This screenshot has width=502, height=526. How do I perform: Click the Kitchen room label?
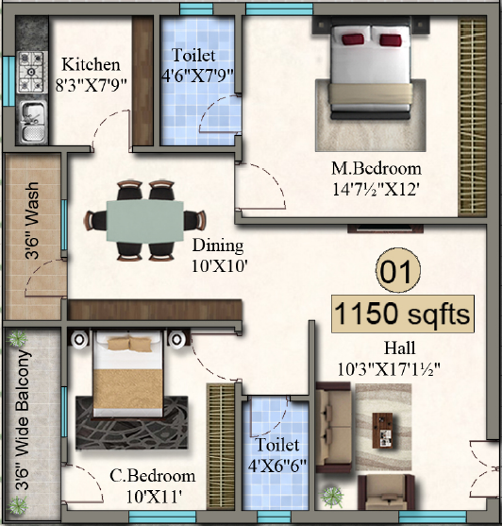[91, 65]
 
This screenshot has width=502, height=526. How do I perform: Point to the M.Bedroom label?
[376, 169]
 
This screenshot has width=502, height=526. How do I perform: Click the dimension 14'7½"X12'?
[376, 188]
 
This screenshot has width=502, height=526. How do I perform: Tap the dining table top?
[144, 220]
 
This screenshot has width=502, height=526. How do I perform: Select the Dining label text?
[218, 246]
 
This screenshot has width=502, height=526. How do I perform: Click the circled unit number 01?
[395, 273]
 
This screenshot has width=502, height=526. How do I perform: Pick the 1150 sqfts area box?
[401, 314]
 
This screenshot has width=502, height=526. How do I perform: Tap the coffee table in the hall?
[385, 430]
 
